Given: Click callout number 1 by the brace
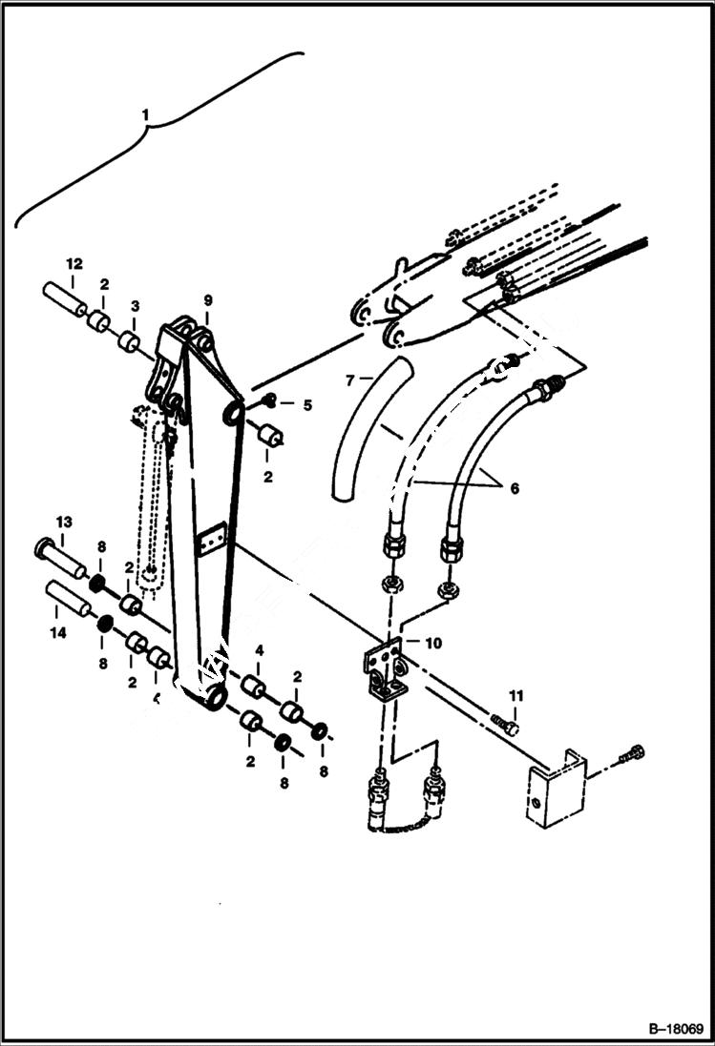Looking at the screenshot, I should [146, 114].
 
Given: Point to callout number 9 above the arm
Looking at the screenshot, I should [208, 300].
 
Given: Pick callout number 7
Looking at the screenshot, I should [350, 380].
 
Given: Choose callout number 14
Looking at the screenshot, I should [56, 631].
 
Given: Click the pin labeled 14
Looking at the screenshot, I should [68, 600].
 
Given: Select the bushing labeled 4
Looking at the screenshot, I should [252, 686].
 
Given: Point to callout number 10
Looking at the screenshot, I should [433, 643].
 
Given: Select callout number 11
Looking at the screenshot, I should [516, 695].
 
